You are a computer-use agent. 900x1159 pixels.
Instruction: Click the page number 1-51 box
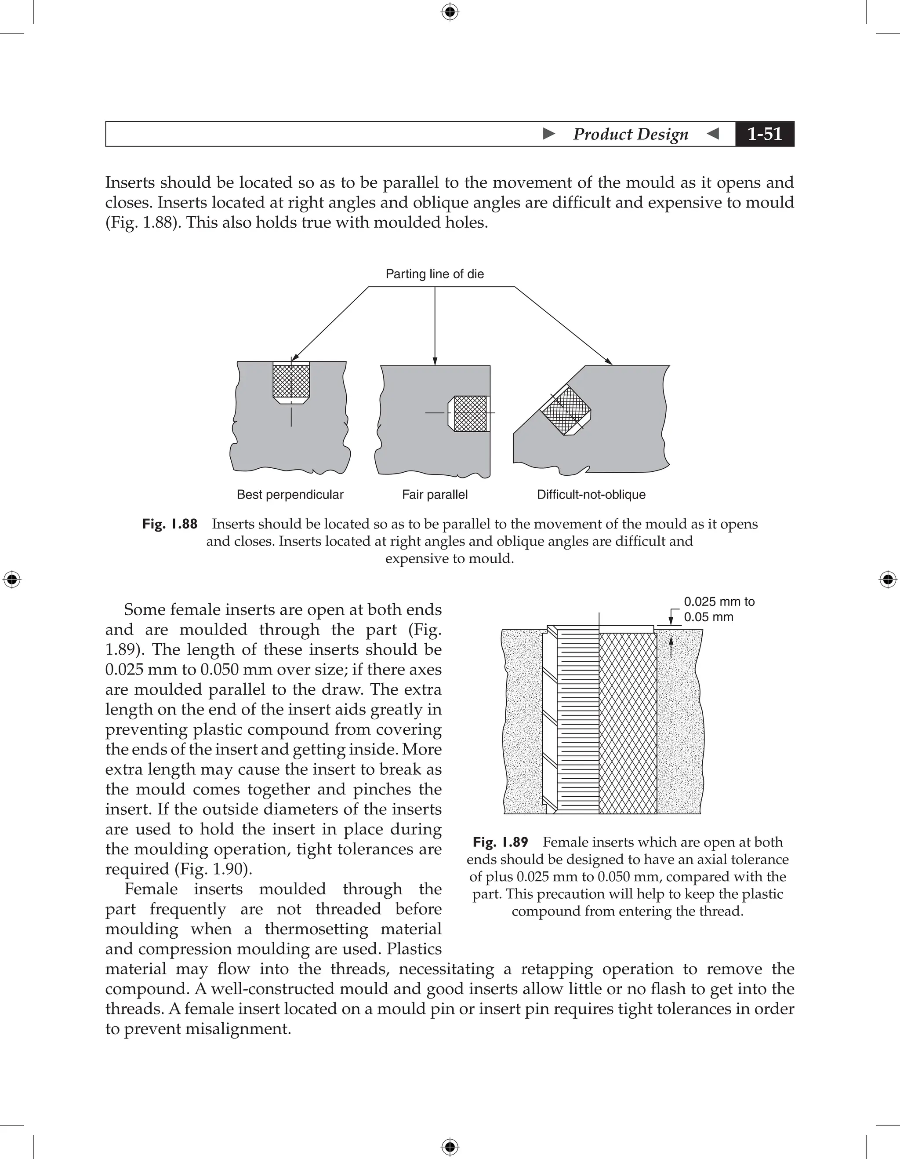764,134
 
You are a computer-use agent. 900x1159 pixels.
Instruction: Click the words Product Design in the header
630,134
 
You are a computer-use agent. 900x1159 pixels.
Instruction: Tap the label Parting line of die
434,274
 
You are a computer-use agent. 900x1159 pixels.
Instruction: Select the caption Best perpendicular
290,495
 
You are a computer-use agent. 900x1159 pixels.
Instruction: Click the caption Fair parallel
434,495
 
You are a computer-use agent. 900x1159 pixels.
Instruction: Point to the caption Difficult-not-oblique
591,495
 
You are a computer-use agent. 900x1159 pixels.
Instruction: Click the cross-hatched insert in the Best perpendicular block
291,381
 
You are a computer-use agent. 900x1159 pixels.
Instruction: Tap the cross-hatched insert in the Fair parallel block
470,413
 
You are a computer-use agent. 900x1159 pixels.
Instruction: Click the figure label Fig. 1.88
170,524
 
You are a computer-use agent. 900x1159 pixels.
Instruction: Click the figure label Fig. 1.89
500,842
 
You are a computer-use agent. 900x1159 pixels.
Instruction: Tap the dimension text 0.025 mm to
719,602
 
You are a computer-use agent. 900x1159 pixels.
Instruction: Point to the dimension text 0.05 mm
708,617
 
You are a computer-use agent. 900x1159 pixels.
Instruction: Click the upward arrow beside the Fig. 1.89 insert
671,646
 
